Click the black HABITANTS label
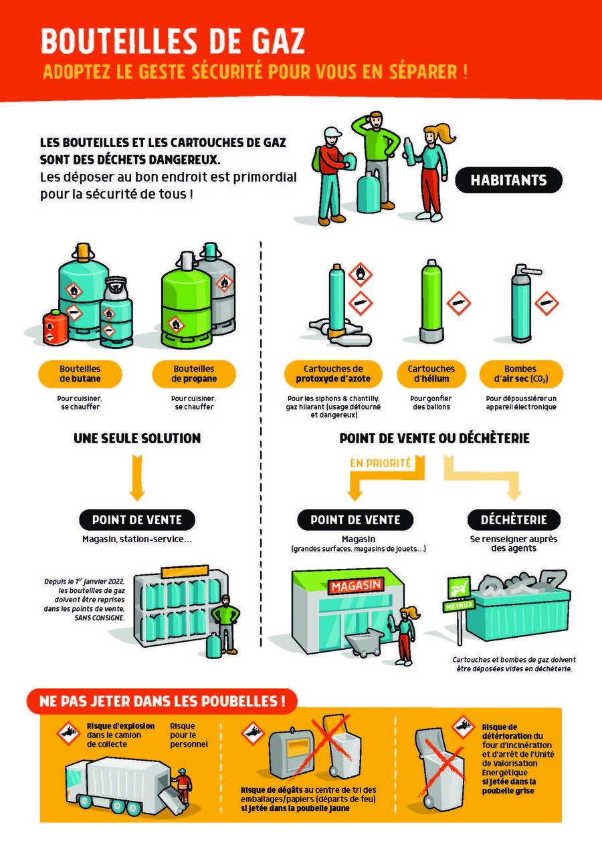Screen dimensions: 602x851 coord(508,180)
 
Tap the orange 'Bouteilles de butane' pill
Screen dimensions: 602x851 coord(80,374)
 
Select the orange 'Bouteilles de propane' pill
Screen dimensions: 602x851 coord(194,374)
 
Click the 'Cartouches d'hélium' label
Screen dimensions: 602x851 coord(431,374)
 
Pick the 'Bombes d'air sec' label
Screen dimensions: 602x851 coord(521,374)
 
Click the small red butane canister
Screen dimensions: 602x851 coord(56,328)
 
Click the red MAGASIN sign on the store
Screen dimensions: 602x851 coord(356,586)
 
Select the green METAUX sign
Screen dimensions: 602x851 coord(459,605)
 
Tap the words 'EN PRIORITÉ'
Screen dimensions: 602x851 coord(380,463)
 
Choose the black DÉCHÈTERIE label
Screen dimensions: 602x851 coord(514,519)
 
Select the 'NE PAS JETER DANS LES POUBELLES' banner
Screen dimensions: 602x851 coord(163,701)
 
